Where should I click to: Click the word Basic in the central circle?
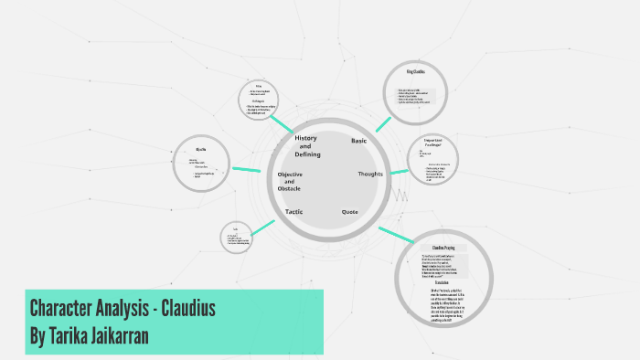[358, 141]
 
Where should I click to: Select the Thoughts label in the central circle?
[370, 174]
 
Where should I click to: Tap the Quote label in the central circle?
[349, 212]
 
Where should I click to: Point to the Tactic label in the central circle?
[293, 212]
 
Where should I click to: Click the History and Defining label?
[306, 145]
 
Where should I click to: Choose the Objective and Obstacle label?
[290, 181]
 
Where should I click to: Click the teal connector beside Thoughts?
[400, 171]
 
